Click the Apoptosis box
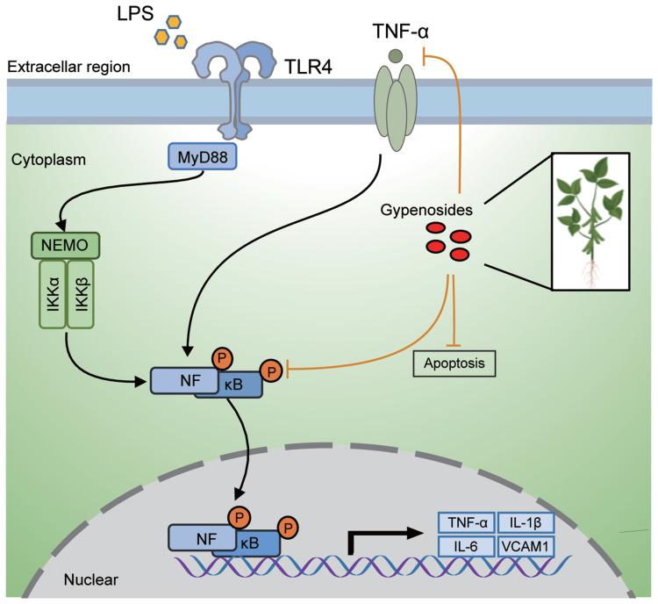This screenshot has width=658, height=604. pos(453,361)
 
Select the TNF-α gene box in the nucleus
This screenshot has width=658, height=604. pos(466,521)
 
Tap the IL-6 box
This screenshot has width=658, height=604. pos(466,546)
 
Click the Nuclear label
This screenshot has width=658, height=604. pos(90,579)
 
